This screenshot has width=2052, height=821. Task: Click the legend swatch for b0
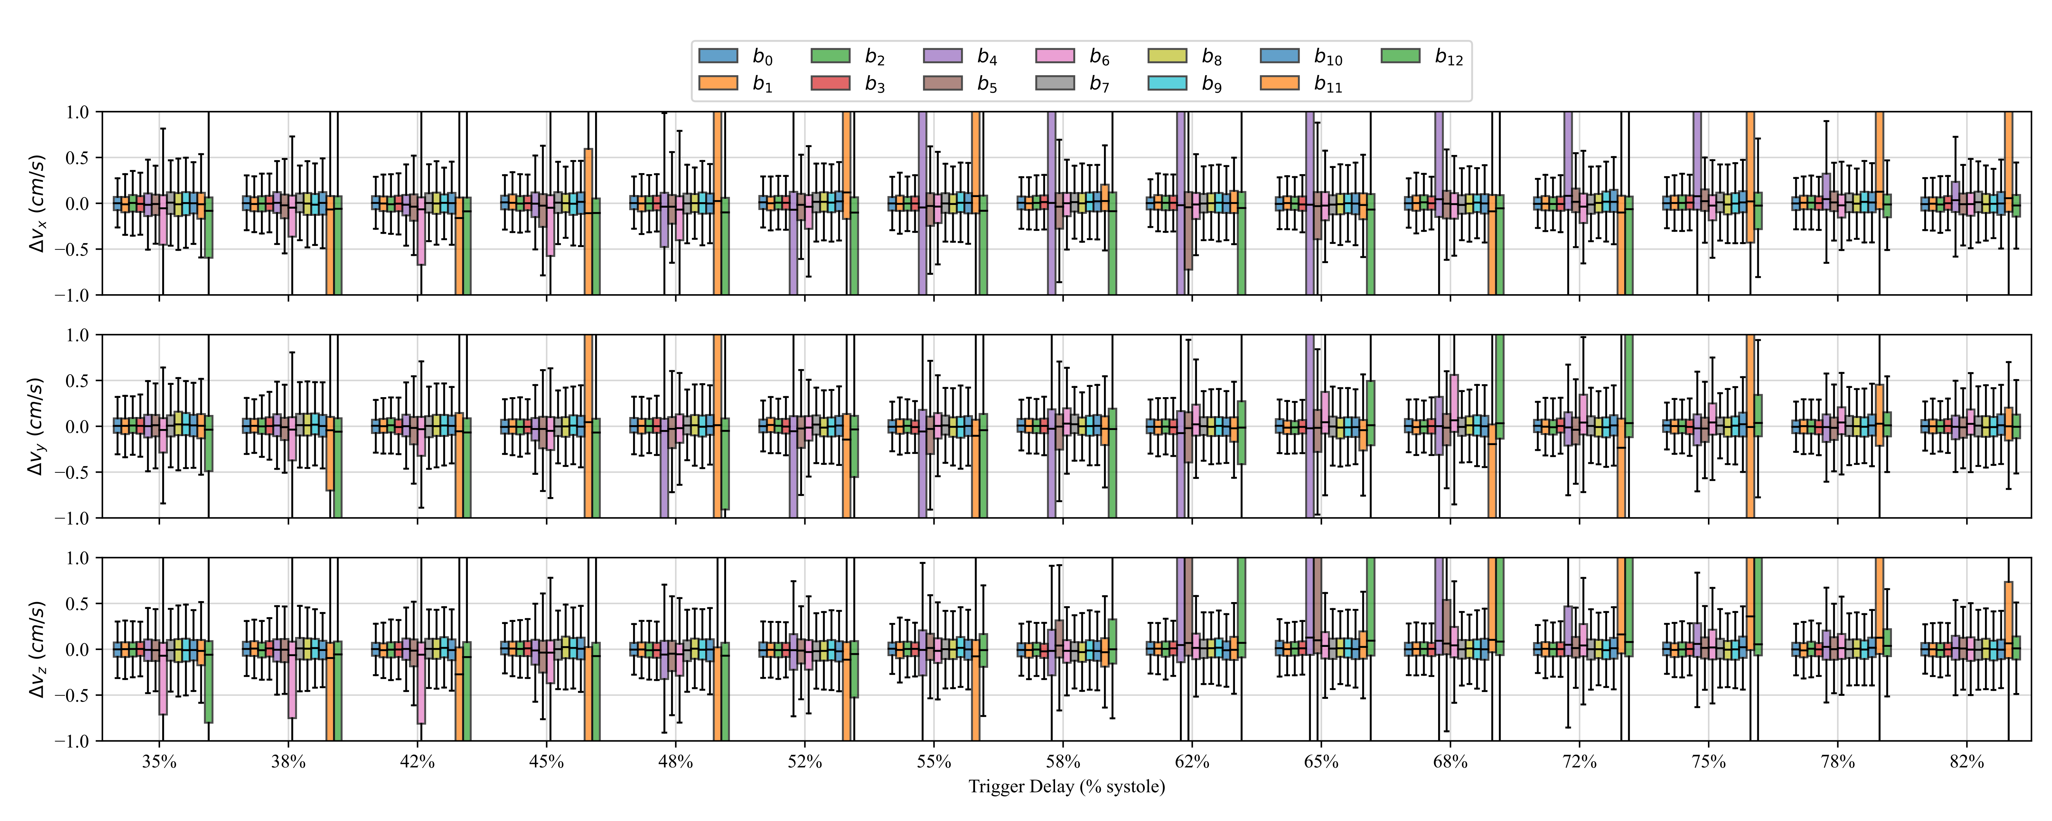[x=718, y=56]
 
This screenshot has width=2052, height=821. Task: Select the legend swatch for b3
[x=830, y=83]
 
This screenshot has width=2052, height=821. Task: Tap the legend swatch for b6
[x=1055, y=56]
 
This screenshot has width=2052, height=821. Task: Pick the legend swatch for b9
[x=1167, y=83]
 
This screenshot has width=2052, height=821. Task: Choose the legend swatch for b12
[x=1399, y=56]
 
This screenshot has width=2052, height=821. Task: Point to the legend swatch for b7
[x=1055, y=83]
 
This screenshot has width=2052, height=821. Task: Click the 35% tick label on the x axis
[x=159, y=762]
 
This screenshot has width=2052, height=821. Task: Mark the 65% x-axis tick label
[x=1321, y=762]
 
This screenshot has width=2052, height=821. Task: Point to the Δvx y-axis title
[x=36, y=203]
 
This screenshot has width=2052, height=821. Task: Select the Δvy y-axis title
[x=36, y=427]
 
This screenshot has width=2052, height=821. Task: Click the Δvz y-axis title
[x=36, y=650]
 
